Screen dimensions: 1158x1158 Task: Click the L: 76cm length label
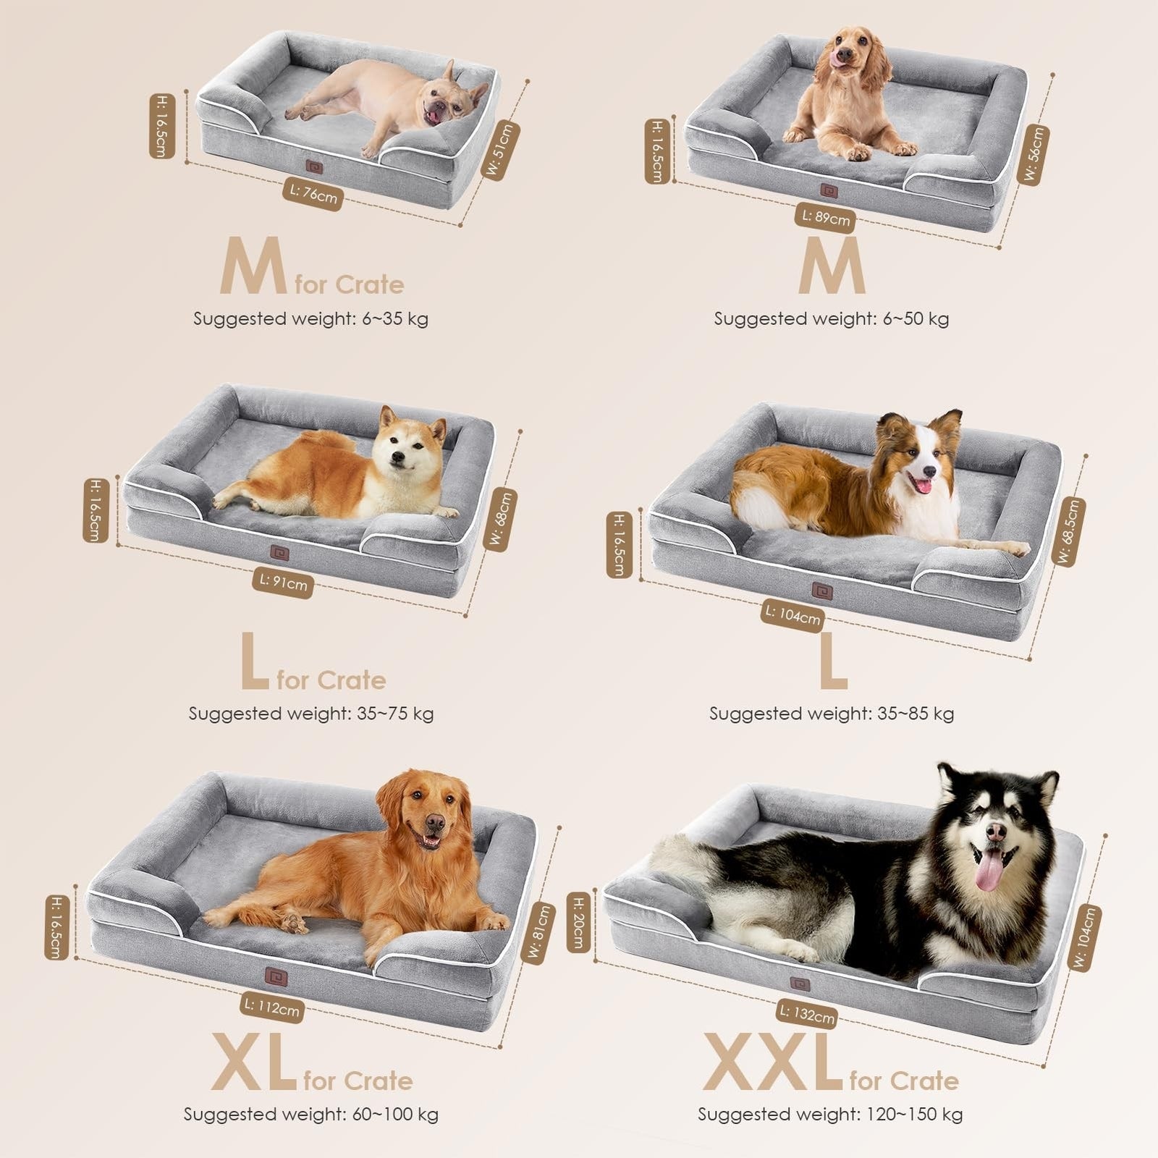click(x=313, y=194)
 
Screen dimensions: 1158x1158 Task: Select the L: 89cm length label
click(x=826, y=217)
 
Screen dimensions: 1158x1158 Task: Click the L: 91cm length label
click(x=283, y=582)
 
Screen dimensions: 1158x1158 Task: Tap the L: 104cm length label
click(x=793, y=615)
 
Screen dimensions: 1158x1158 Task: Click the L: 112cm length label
click(x=271, y=1007)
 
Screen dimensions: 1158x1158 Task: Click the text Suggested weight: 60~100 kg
click(x=310, y=1114)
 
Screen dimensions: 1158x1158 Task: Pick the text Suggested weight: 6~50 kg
click(x=831, y=318)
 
